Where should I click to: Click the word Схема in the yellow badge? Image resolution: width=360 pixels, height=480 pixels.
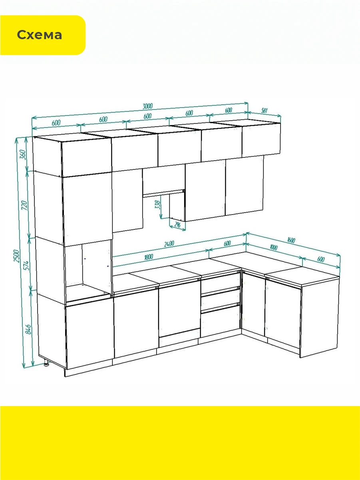[40, 35]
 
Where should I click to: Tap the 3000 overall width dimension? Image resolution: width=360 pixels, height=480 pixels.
[148, 106]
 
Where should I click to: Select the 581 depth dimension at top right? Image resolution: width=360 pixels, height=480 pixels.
[264, 110]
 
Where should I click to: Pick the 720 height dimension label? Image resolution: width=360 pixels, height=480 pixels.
[24, 205]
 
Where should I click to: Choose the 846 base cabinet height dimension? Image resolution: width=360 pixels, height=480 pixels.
[28, 329]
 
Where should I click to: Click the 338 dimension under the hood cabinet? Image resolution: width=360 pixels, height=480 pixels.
[157, 204]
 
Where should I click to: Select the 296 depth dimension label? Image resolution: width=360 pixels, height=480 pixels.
[177, 224]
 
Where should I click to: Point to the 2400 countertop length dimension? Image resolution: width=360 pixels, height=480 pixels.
[169, 244]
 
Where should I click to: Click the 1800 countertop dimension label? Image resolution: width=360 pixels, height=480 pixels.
[148, 257]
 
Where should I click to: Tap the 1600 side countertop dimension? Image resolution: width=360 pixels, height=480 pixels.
[291, 240]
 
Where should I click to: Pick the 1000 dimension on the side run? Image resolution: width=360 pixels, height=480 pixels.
[274, 247]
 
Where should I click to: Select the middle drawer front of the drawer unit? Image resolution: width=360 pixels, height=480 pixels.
[220, 298]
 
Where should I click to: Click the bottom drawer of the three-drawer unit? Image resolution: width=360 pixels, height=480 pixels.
[220, 321]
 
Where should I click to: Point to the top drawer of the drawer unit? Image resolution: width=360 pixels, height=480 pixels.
[220, 283]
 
